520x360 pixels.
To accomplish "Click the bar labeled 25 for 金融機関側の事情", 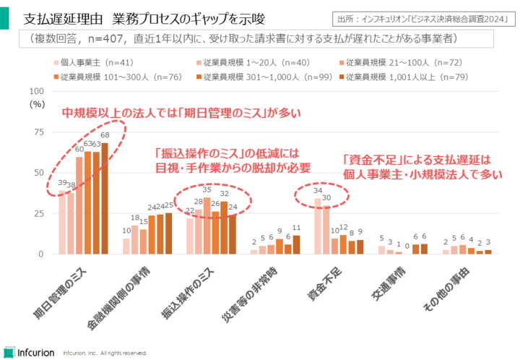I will click(168, 233).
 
